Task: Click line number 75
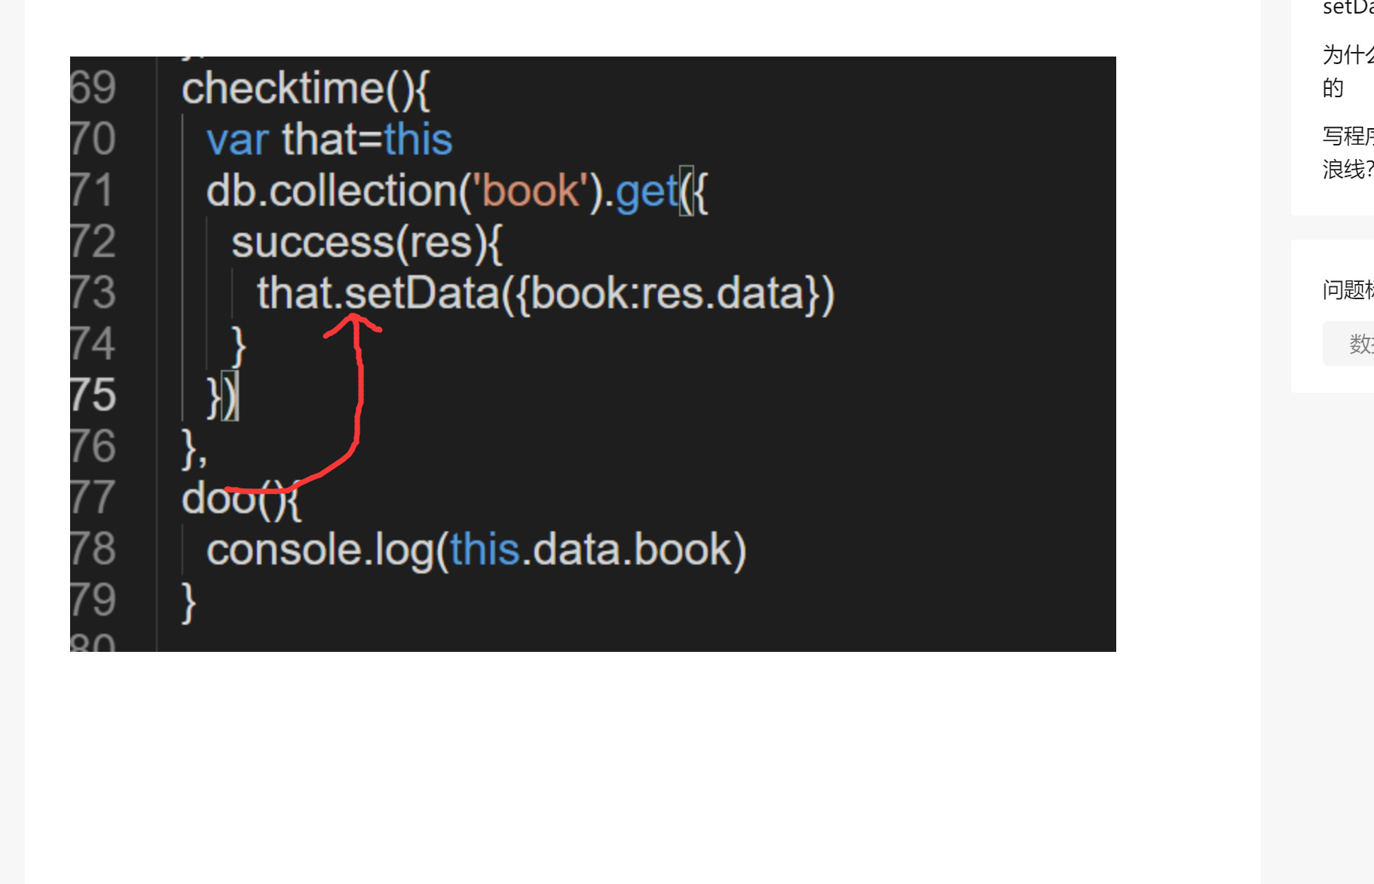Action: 93,395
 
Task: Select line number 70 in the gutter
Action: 93,139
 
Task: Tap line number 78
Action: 93,549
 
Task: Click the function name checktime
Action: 283,89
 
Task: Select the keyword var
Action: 237,140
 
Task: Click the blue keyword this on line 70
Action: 418,140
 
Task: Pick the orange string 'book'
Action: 530,191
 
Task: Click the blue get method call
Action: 647,191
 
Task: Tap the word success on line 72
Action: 313,243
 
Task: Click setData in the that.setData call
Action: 422,293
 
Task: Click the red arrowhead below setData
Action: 353,322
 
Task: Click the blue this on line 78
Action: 485,549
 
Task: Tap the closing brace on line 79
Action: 188,601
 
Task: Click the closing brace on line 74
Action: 238,346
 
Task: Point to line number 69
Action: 93,88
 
